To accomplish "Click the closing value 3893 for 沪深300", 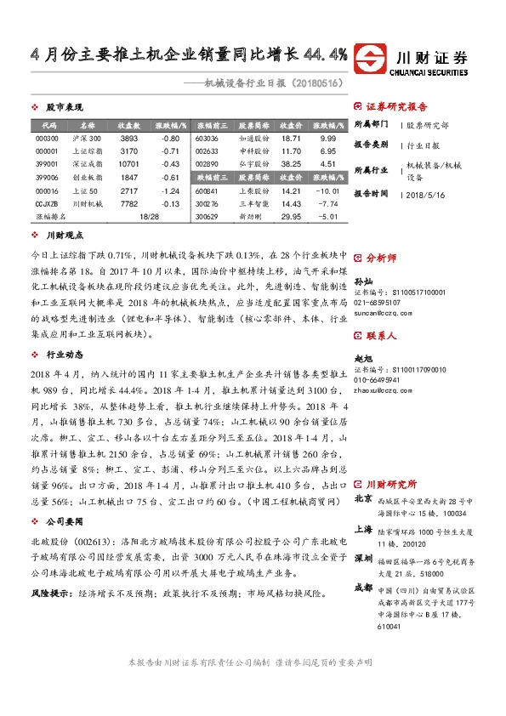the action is point(129,138).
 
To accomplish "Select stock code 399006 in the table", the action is point(47,177).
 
